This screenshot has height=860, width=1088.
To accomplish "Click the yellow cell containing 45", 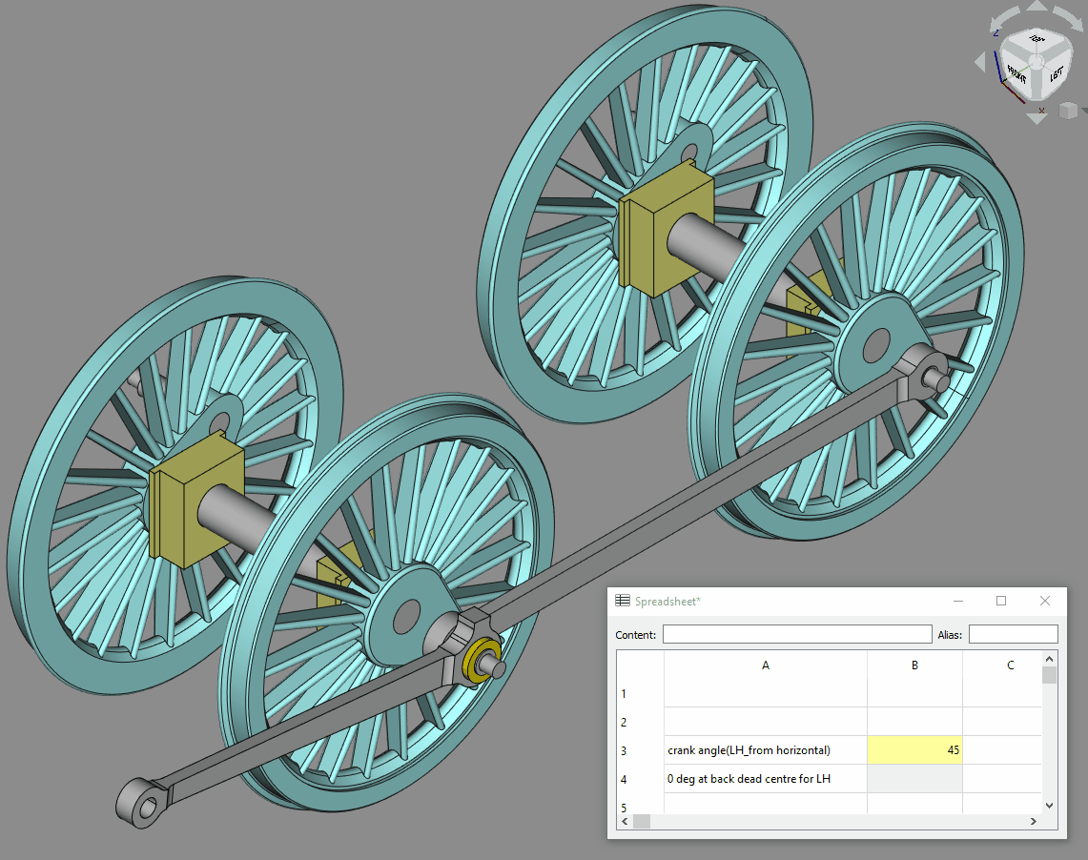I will click(914, 750).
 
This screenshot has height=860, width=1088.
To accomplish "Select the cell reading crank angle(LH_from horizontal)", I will click(765, 750).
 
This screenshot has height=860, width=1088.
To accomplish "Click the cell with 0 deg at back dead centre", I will click(765, 779).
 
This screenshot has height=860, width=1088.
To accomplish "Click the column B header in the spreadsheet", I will click(914, 665).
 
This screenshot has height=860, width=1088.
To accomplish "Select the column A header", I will click(765, 665).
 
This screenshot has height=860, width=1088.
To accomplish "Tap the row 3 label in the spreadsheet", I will click(624, 750).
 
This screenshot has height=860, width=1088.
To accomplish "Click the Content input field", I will click(796, 635).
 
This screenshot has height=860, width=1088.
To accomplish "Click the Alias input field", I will click(1013, 635).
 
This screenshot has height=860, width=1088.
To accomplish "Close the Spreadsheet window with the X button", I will click(1045, 601).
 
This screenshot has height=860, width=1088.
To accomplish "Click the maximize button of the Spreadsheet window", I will click(1001, 601).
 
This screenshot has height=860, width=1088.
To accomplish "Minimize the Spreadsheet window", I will click(957, 601).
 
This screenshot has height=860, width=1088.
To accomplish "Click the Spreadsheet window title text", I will click(667, 601).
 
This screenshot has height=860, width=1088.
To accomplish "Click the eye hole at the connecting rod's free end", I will click(144, 808).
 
